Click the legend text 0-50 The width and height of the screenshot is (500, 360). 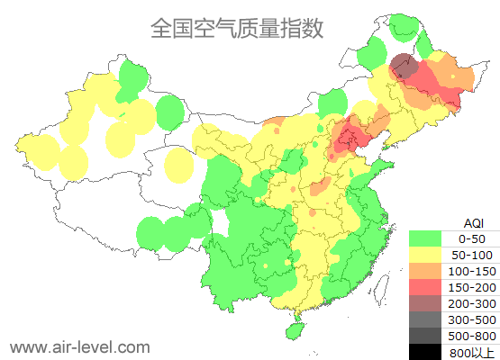pyautogui.click(x=472, y=238)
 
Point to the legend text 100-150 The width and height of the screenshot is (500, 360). pyautogui.click(x=472, y=271)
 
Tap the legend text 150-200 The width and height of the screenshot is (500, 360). pyautogui.click(x=472, y=287)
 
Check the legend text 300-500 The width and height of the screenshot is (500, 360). pyautogui.click(x=472, y=319)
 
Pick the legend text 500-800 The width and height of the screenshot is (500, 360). pyautogui.click(x=472, y=336)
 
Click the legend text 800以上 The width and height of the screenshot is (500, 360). pyautogui.click(x=472, y=352)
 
